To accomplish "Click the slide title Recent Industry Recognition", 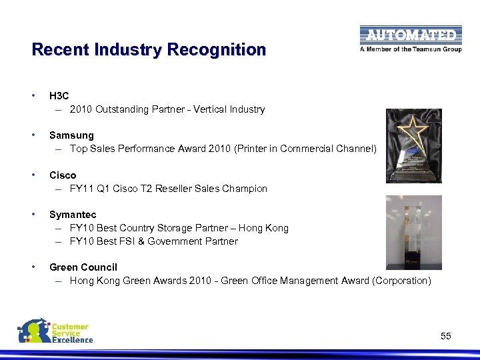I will point(149,50).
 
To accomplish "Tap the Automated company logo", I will point(410,35).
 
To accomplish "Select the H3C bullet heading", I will point(59,96).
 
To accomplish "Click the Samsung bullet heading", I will point(71,135).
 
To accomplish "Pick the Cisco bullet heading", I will point(63,175).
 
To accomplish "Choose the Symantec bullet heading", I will point(73,215).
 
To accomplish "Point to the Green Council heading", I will point(83,267).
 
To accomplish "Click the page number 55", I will point(446,337).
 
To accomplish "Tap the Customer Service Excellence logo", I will point(55,331).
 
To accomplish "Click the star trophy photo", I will point(413,145).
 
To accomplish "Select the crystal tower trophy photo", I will point(413,232).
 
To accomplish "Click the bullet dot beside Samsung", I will point(34,135).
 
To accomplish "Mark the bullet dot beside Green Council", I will point(34,267).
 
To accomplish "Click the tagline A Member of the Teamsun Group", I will point(410,49).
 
